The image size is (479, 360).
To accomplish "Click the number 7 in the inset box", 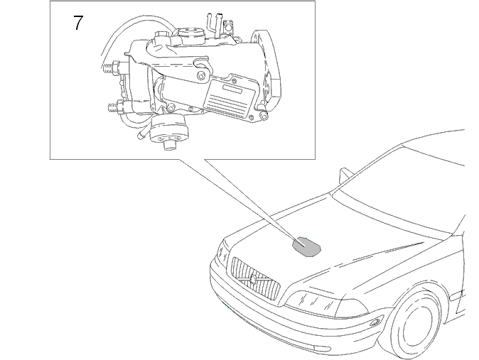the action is tap(78, 23).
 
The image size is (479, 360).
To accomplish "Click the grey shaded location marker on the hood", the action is tap(307, 246).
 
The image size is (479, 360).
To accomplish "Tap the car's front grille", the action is tap(255, 278).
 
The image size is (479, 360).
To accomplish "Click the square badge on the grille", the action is tap(253, 279).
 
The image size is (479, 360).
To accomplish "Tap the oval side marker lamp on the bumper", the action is tap(375, 322).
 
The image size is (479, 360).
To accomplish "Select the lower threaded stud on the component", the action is tap(116, 107).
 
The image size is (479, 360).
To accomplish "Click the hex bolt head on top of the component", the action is tap(161, 36).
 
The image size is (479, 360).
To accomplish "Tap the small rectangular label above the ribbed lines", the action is tap(232, 89).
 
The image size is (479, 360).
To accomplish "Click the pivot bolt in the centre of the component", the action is tap(200, 76).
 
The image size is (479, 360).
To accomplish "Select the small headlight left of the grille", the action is tap(222, 251).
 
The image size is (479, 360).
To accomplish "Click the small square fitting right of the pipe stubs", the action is tap(227, 27).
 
